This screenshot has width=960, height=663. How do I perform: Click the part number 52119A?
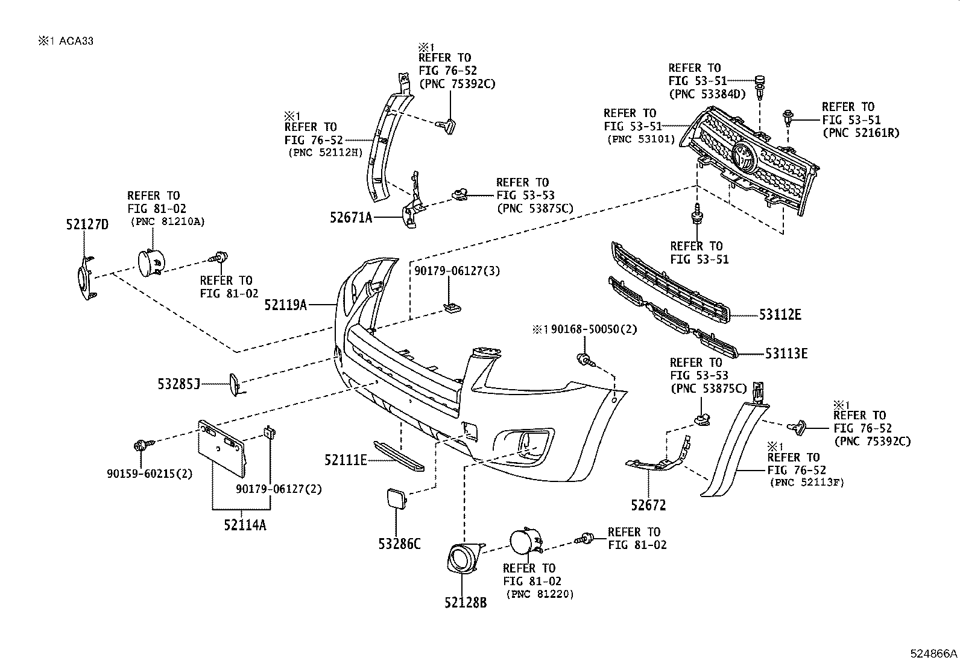click(285, 305)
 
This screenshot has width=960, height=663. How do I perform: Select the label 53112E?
click(780, 314)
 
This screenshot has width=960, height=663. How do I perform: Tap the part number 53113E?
click(786, 354)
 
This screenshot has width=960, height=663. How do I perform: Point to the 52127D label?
click(87, 225)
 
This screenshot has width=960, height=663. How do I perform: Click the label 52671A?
click(351, 218)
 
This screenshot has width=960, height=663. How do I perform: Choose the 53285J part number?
click(178, 383)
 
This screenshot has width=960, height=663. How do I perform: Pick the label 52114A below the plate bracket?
click(245, 525)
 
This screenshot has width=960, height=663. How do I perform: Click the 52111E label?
click(345, 460)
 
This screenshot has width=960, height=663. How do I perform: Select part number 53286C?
click(399, 544)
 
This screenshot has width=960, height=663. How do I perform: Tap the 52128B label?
click(466, 602)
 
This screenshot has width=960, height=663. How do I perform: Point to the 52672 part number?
click(648, 505)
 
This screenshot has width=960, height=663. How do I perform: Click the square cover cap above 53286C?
click(396, 501)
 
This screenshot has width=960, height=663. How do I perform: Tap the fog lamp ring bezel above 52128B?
click(464, 557)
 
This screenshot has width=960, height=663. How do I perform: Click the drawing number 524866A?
click(933, 653)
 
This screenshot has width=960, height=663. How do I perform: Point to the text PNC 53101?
click(636, 139)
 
